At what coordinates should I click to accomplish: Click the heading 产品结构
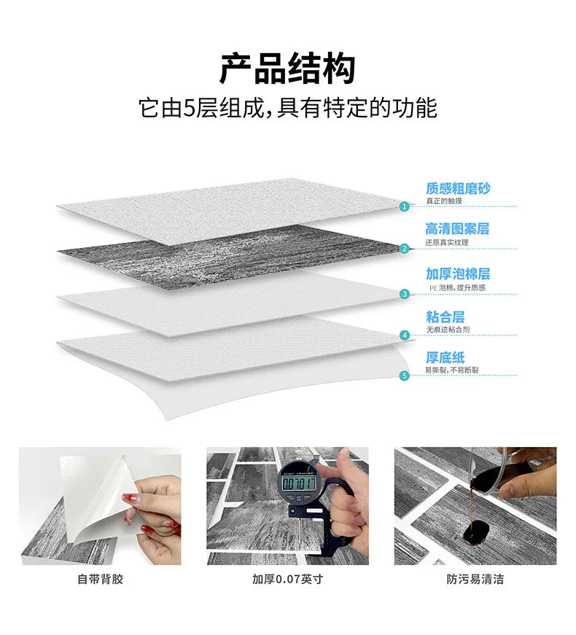[x=287, y=69]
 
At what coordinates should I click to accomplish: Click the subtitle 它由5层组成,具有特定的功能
[x=287, y=109]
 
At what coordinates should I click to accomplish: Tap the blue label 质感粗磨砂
[x=458, y=189]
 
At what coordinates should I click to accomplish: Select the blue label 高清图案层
[x=457, y=229]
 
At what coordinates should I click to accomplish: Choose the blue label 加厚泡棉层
[x=458, y=274]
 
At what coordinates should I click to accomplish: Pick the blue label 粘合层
[x=445, y=317]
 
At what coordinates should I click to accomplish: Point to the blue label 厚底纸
[x=445, y=358]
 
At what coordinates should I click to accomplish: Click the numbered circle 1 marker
[x=405, y=206]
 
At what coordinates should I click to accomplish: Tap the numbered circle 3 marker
[x=405, y=295]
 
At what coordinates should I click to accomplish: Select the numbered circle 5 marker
[x=405, y=375]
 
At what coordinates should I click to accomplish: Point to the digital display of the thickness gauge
[x=299, y=482]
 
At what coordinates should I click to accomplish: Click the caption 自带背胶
[x=101, y=580]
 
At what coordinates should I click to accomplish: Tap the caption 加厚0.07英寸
[x=287, y=580]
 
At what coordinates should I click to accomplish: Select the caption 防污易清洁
[x=475, y=580]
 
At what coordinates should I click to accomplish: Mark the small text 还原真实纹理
[x=447, y=242]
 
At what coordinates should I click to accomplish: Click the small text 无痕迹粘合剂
[x=448, y=330]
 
